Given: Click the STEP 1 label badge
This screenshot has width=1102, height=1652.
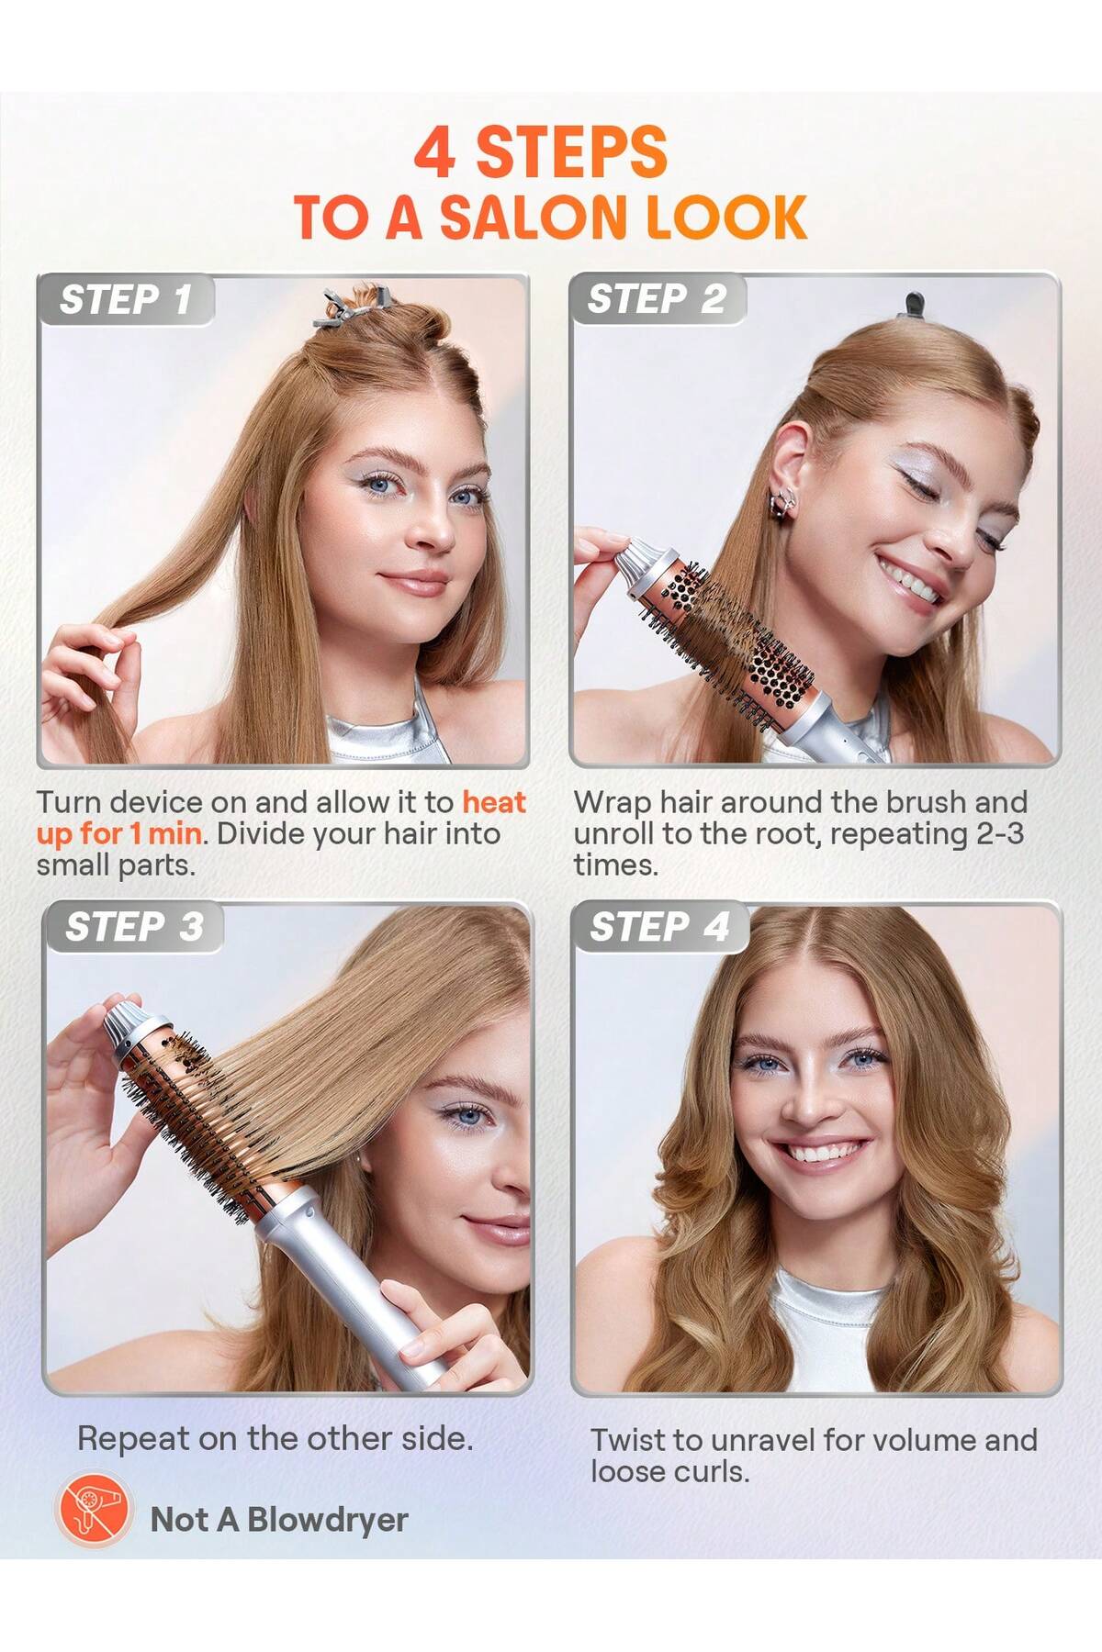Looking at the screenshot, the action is pos(126,300).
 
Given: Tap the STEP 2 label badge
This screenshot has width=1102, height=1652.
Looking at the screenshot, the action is pos(657,299).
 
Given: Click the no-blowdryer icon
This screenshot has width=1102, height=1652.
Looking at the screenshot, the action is pos(90,1520).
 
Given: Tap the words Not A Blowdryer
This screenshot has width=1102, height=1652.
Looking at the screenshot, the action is pos(279,1520).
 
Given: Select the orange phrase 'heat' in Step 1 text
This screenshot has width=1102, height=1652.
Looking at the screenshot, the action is pos(494,802).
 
